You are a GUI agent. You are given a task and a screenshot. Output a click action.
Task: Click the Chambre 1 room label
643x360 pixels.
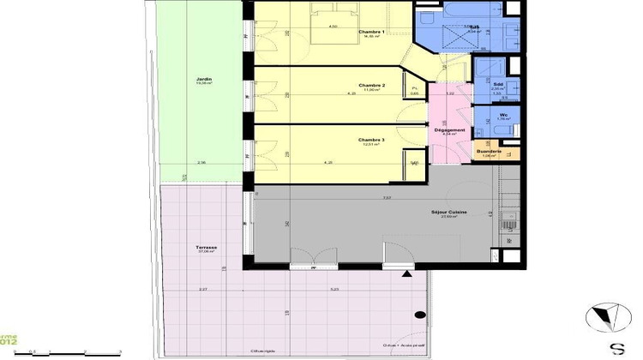(370, 33)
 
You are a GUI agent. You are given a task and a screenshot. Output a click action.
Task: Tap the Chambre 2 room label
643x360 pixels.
(370, 86)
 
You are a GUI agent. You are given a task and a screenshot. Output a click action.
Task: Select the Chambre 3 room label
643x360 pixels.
(370, 140)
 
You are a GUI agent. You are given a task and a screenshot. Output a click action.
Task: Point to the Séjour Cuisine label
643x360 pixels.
(448, 213)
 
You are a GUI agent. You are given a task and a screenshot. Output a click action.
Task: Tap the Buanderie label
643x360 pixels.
(489, 152)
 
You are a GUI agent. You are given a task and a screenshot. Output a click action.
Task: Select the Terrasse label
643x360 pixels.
(205, 249)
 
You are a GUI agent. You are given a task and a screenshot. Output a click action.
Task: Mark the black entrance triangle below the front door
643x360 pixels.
(406, 274)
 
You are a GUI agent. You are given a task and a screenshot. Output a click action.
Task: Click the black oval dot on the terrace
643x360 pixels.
(420, 316)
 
